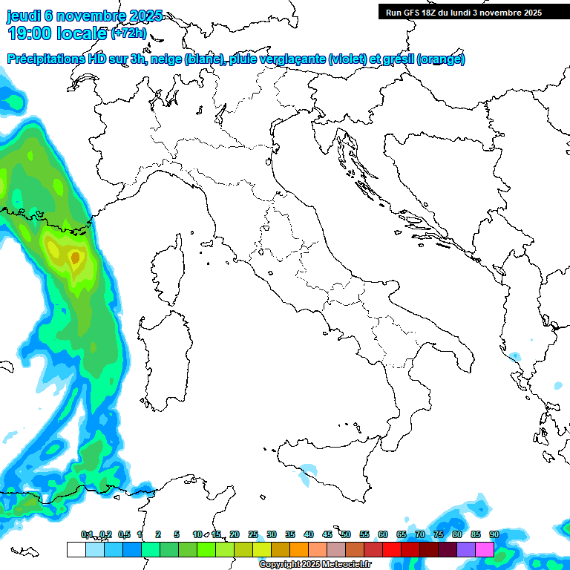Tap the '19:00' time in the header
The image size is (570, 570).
pyautogui.click(x=30, y=33)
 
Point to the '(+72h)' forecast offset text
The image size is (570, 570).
pyautogui.click(x=128, y=33)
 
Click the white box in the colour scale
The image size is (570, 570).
pyautogui.click(x=76, y=549)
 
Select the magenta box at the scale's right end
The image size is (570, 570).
pyautogui.click(x=485, y=549)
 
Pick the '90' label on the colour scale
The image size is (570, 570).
pyautogui.click(x=494, y=534)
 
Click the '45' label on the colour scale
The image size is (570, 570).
pyautogui.click(x=327, y=534)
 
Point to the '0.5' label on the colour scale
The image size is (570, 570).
pyautogui.click(x=123, y=534)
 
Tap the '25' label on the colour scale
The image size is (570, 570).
pyautogui.click(x=252, y=534)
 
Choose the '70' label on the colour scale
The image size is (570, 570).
pyautogui.click(x=420, y=534)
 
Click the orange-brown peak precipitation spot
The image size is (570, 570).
pyautogui.click(x=74, y=258)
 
